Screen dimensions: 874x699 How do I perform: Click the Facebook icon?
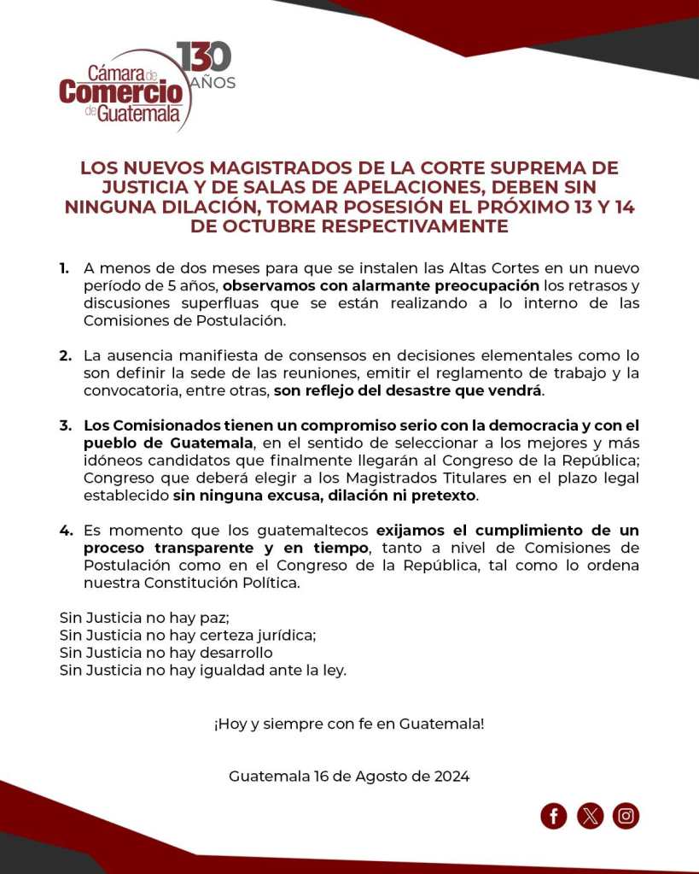554,816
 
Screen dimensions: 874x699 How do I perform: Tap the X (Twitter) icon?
590,816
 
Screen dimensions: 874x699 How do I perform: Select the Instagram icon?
626,816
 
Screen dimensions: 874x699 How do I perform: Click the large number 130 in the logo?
205,57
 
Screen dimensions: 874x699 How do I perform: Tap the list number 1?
64,268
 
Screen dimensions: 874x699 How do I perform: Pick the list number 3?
65,425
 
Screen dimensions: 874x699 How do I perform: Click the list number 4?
65,531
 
